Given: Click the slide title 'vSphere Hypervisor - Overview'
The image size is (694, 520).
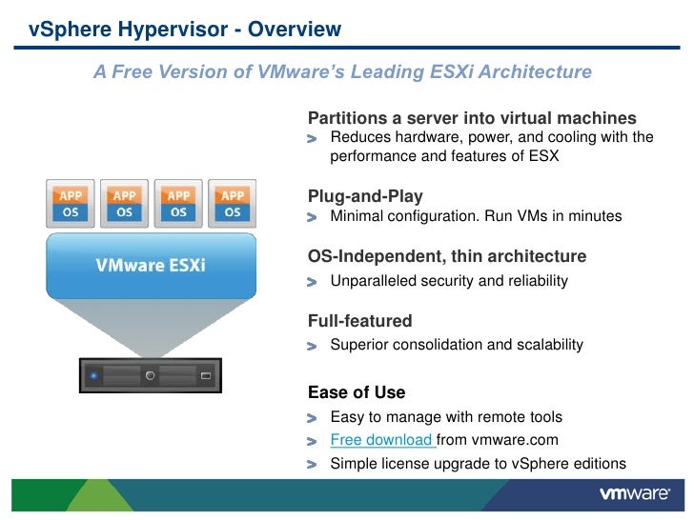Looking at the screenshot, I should [184, 30].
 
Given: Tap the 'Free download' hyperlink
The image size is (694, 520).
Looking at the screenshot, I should [381, 440].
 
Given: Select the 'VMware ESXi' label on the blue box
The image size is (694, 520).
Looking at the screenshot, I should [150, 264].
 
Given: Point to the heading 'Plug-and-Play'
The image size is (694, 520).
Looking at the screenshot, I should [365, 196].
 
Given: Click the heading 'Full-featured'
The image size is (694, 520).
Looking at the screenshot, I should [359, 321].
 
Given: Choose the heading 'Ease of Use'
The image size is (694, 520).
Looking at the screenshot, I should [357, 392].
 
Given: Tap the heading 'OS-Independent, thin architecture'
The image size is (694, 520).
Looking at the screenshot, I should [446, 257].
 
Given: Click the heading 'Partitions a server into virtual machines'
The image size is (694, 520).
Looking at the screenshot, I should [472, 118].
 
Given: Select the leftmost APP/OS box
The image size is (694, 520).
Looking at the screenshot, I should [71, 203].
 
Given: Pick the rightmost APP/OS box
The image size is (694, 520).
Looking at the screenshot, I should [233, 203].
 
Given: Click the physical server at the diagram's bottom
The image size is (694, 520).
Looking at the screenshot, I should [149, 375].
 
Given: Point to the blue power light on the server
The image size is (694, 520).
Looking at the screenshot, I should [93, 376].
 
